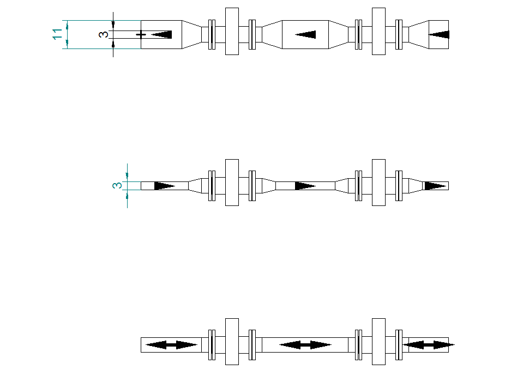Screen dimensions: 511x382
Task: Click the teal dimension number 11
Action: pyautogui.click(x=57, y=34)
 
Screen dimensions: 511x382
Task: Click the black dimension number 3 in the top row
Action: pyautogui.click(x=104, y=34)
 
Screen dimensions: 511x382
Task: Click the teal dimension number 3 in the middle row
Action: pyautogui.click(x=117, y=186)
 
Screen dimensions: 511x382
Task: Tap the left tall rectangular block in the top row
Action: pyautogui.click(x=232, y=31)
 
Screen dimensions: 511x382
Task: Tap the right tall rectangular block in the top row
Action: pyautogui.click(x=378, y=31)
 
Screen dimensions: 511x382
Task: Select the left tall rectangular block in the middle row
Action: pyautogui.click(x=232, y=183)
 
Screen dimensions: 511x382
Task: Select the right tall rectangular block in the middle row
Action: pyautogui.click(x=378, y=183)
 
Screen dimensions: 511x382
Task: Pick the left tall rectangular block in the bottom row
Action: pyautogui.click(x=232, y=342)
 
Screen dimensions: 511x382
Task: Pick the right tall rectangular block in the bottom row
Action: pyautogui.click(x=378, y=342)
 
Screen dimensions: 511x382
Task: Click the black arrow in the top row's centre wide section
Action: pyautogui.click(x=305, y=34)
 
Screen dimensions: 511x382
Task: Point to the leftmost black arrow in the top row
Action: pyautogui.click(x=161, y=34)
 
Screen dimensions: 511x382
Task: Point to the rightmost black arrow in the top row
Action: pyautogui.click(x=438, y=34)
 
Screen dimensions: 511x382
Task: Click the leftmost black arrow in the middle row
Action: pyautogui.click(x=165, y=186)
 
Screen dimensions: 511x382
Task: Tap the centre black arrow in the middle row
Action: pyautogui.click(x=305, y=186)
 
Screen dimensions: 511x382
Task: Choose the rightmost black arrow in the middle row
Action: pyautogui.click(x=435, y=186)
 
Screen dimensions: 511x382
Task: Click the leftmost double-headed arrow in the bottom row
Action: pyautogui.click(x=171, y=345)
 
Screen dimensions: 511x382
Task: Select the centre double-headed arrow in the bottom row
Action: pyautogui.click(x=305, y=345)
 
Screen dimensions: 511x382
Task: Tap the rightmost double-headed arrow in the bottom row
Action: pyautogui.click(x=429, y=345)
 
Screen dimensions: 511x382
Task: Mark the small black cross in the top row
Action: pyautogui.click(x=141, y=34)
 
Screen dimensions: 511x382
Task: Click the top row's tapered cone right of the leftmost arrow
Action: pyautogui.click(x=191, y=34)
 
